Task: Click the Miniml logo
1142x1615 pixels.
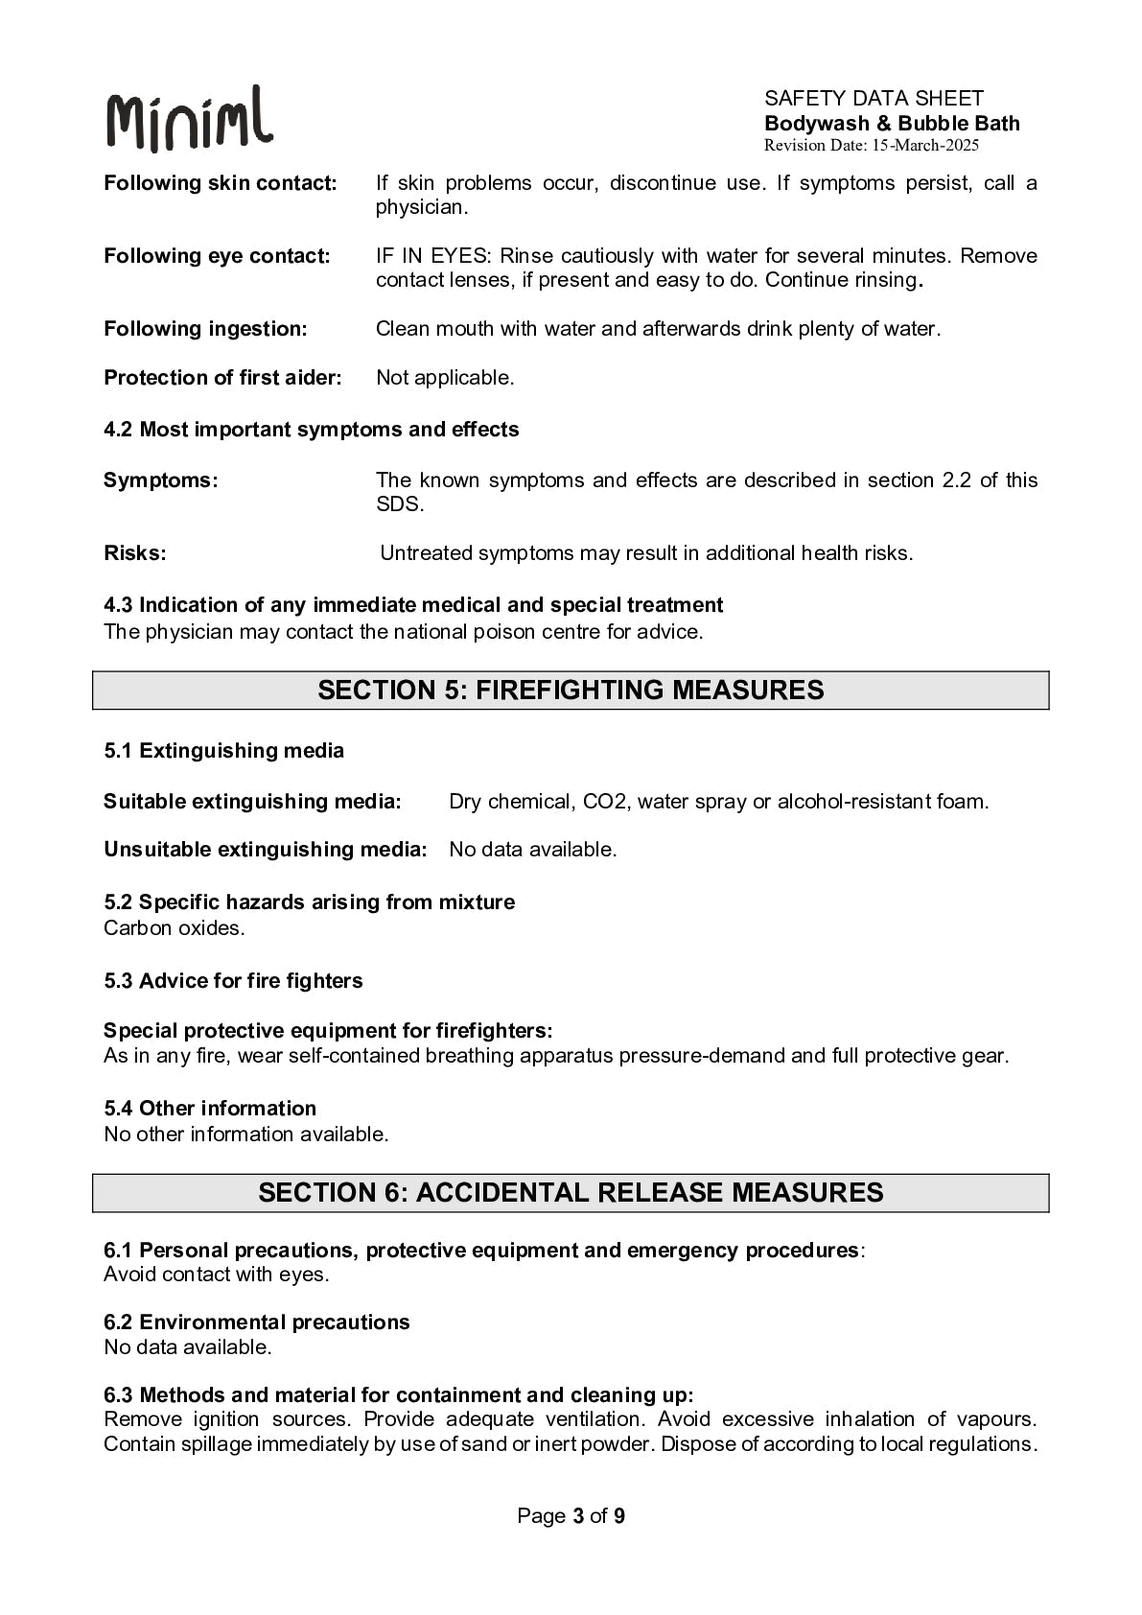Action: point(189,120)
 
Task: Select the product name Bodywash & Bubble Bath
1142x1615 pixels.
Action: point(892,123)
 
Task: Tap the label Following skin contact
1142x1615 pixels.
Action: point(221,183)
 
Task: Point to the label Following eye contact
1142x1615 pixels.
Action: point(217,256)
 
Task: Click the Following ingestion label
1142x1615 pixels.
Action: point(205,329)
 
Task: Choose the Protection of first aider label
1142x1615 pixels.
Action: point(222,378)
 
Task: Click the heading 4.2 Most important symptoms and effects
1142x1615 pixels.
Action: point(311,430)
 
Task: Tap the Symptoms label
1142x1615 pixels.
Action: point(160,480)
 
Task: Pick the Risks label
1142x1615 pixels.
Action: point(134,553)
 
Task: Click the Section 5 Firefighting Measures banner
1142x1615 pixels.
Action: point(571,690)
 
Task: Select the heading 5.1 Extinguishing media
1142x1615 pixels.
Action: point(223,751)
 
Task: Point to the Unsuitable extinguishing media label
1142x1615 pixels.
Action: point(265,850)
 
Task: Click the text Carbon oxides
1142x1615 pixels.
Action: point(174,928)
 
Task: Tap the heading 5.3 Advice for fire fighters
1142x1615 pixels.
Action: point(233,981)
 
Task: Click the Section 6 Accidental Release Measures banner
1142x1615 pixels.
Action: point(571,1193)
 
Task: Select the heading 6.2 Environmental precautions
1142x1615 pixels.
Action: point(256,1322)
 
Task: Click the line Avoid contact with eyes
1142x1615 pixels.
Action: point(216,1275)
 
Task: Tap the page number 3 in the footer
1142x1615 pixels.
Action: point(578,1516)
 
